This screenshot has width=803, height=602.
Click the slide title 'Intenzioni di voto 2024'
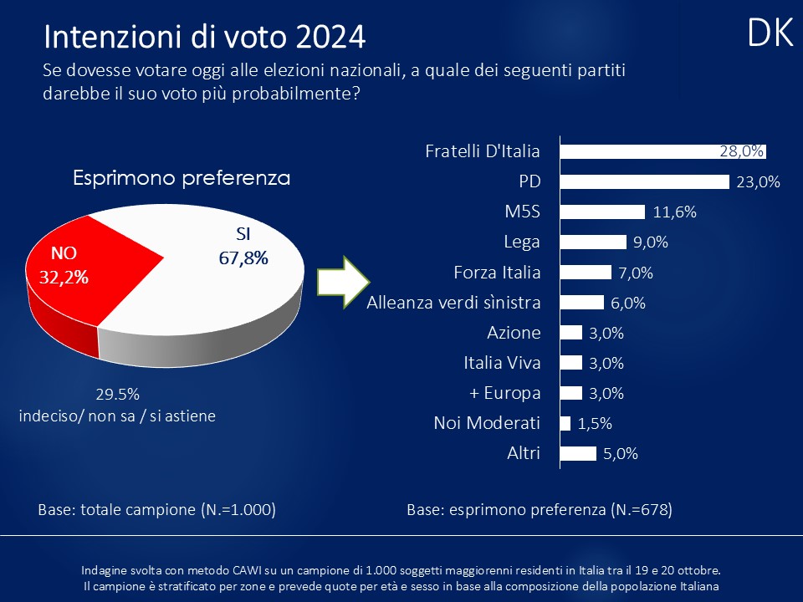(204, 37)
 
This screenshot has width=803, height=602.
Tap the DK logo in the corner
(770, 33)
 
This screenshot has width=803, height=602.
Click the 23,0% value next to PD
(758, 182)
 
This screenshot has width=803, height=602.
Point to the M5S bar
(601, 212)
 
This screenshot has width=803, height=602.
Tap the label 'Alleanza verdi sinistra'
(453, 303)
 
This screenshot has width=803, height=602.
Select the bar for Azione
(570, 333)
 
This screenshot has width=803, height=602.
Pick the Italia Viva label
(502, 363)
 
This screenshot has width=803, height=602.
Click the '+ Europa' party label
(506, 393)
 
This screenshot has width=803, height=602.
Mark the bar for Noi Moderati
(565, 423)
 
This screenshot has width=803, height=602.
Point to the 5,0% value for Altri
(620, 454)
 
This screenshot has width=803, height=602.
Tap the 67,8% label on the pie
(243, 258)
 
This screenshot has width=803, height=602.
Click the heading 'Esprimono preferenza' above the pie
(182, 178)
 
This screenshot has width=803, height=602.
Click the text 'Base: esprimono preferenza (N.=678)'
(539, 509)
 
